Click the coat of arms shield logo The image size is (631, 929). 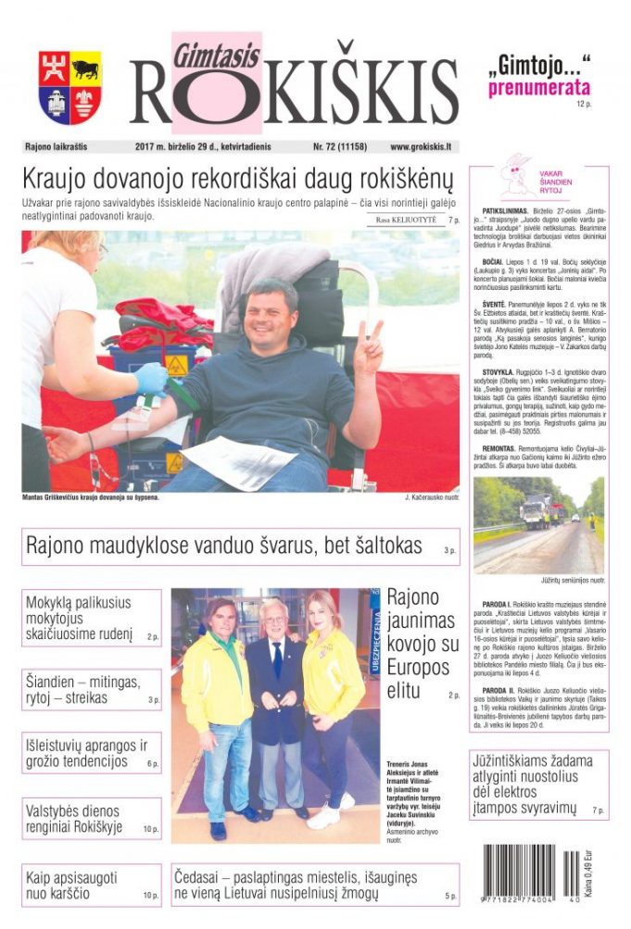[69, 88]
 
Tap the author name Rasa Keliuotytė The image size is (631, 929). [406, 220]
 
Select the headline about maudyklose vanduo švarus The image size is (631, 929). [223, 546]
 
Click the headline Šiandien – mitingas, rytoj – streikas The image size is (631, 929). [83, 689]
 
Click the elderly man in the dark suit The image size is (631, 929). [275, 704]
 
